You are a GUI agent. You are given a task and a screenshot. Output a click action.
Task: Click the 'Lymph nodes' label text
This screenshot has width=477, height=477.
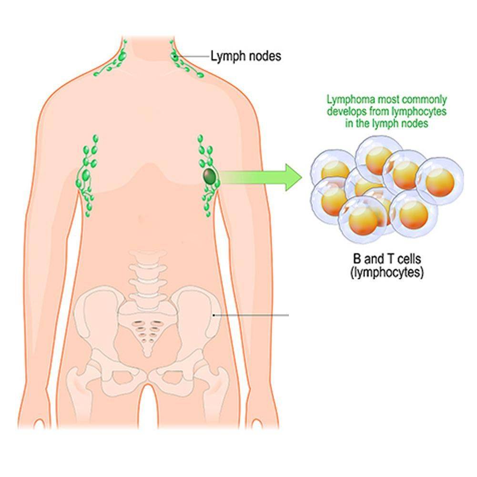point(246,56)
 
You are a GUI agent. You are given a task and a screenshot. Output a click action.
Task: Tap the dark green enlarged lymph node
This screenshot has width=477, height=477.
point(209,177)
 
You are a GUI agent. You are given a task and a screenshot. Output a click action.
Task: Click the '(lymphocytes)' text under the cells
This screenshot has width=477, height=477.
point(386,274)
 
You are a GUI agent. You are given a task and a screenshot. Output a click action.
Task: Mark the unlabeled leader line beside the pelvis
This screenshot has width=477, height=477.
point(253,315)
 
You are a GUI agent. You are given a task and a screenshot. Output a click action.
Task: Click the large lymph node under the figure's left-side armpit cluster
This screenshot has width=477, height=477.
point(87,175)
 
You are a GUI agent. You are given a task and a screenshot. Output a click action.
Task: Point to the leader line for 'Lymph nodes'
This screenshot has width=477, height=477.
point(193,56)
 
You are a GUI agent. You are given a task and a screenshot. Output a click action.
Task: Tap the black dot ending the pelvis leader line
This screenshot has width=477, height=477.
point(214,315)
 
